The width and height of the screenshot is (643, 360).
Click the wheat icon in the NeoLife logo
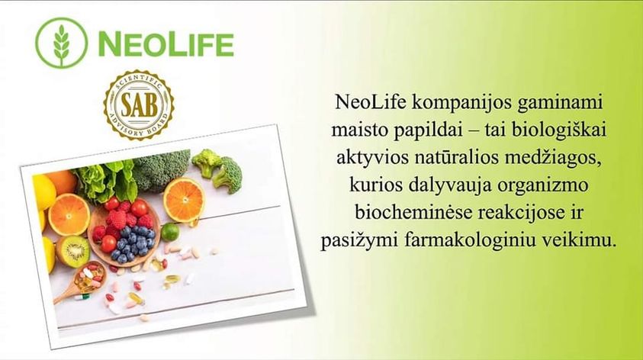pos(62,43)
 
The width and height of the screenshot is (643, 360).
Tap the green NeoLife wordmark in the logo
pos(166,44)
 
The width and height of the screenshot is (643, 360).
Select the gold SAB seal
pos(139,105)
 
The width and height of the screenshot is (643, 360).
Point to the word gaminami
pos(560,103)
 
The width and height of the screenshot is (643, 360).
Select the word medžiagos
pos(553,159)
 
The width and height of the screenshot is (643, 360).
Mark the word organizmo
pos(543,186)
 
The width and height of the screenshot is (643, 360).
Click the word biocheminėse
pos(413,213)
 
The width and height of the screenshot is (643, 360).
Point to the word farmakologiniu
pos(471,241)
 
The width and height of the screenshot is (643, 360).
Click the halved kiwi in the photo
pos(72,251)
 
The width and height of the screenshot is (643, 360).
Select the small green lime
pos(170,232)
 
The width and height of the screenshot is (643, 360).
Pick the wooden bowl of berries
pos(124,233)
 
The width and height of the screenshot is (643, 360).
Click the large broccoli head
pos(161,170)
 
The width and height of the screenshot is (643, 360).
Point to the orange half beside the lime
pos(184,201)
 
